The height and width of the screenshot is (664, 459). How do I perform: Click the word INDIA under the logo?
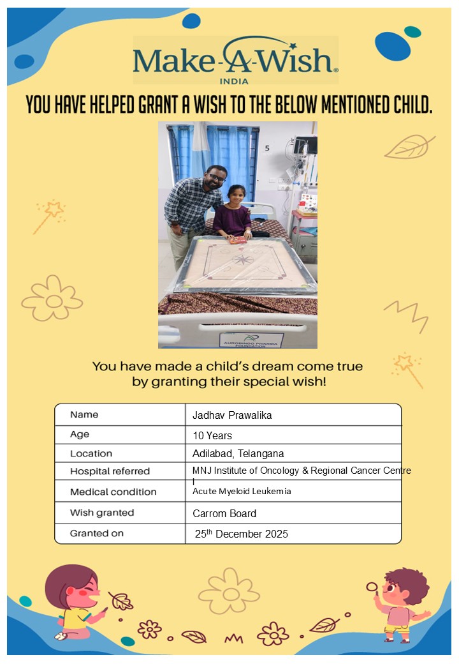(x=234, y=81)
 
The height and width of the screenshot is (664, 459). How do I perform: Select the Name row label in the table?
(x=84, y=414)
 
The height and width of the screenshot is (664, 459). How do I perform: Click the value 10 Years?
(x=212, y=435)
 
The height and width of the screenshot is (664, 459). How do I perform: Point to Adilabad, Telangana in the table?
(x=238, y=454)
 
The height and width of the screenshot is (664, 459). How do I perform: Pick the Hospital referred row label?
(x=110, y=471)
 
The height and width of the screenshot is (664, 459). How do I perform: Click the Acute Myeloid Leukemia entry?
(x=242, y=491)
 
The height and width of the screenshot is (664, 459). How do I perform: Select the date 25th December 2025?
(x=242, y=534)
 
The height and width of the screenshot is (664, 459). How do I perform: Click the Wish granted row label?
(x=102, y=513)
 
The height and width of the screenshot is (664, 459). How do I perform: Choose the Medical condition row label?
(x=113, y=492)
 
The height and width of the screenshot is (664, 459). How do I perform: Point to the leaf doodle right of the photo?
(x=409, y=147)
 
